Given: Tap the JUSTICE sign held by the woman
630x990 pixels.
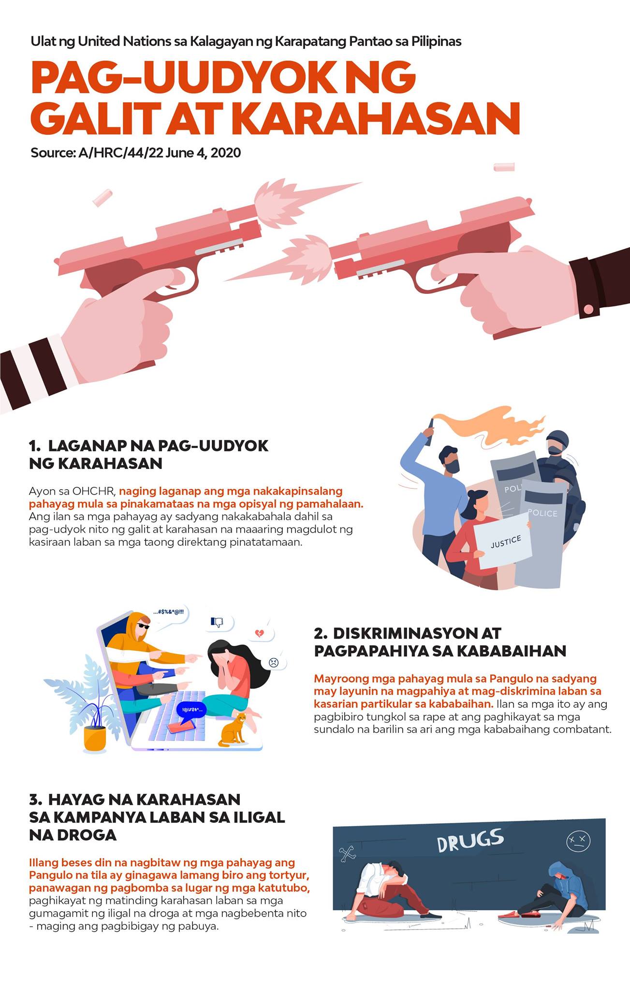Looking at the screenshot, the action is pos(503,541).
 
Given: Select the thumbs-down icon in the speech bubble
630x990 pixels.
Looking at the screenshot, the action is pos(217,622).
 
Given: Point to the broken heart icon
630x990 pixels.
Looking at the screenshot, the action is pos(260,633).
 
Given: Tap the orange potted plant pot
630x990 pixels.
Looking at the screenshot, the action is pos(95,739).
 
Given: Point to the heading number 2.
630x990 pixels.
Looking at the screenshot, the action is pos(321,633).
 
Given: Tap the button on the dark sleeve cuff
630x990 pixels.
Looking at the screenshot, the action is pos(588,309).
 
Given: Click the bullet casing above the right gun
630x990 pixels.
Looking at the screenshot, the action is pos(504,167).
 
